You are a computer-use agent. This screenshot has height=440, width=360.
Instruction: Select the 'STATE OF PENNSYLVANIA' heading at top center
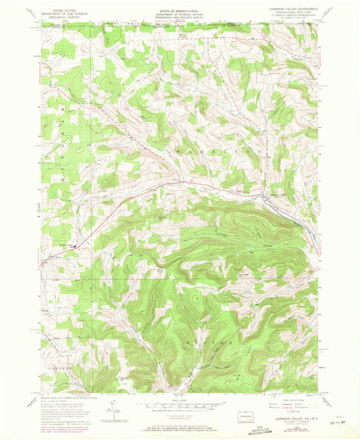179,11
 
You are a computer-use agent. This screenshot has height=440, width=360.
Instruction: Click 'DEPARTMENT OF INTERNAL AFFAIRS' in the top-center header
179,14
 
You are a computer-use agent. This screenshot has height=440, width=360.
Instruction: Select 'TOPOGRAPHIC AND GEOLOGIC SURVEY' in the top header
179,18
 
